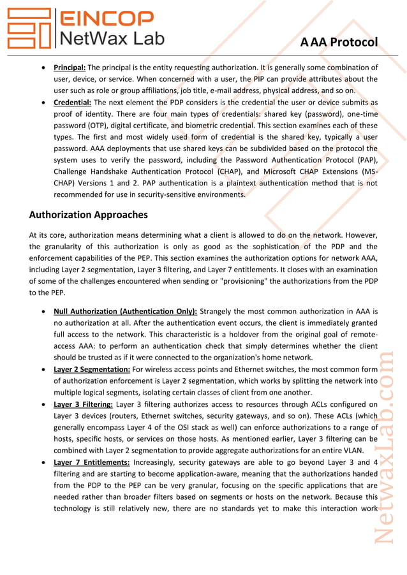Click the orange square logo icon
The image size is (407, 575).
point(29,29)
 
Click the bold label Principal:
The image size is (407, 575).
point(70,67)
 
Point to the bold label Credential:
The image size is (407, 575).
point(72,102)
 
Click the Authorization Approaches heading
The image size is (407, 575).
point(89,215)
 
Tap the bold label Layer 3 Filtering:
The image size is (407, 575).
point(84,404)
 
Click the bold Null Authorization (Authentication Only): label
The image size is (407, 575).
point(125,311)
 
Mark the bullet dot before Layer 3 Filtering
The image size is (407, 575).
point(43,404)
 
